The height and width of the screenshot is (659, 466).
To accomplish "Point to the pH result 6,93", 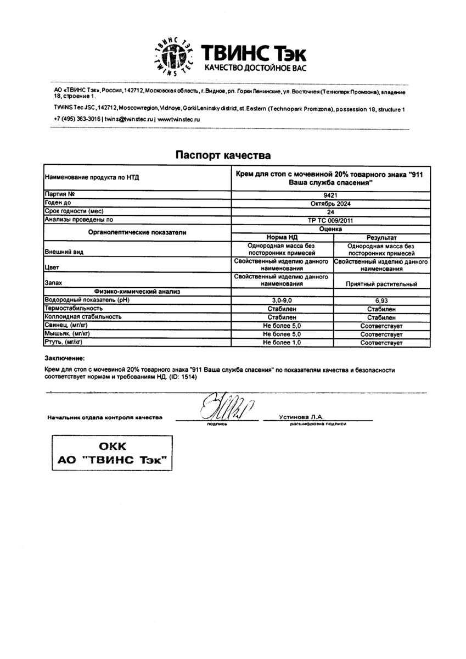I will (x=381, y=301).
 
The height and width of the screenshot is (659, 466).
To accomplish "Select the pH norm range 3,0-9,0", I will (x=282, y=301).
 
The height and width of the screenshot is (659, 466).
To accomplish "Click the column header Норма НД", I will (x=282, y=236).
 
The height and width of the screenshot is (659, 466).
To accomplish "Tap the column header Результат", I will (x=381, y=236).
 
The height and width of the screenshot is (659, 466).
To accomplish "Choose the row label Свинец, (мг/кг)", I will (x=66, y=326).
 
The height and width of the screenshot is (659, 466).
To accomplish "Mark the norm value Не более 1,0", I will (x=282, y=342).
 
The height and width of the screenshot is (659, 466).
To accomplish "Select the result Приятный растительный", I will (x=381, y=284).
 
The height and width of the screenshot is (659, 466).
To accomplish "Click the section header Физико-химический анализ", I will (x=137, y=292).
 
